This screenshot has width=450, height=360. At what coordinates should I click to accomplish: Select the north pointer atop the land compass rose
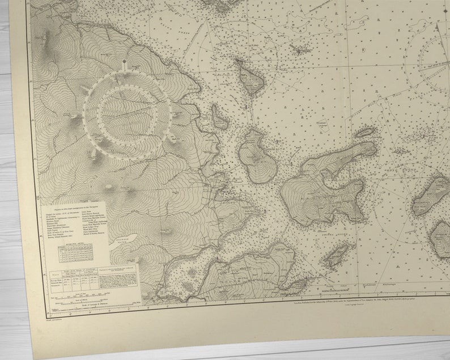[124, 63]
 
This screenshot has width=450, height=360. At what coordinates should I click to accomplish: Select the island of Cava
[249, 78]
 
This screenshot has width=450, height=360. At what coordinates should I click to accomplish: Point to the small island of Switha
[336, 256]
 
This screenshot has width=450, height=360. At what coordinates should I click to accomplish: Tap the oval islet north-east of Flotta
[365, 133]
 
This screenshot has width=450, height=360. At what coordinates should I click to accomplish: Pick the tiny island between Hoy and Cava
[220, 118]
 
